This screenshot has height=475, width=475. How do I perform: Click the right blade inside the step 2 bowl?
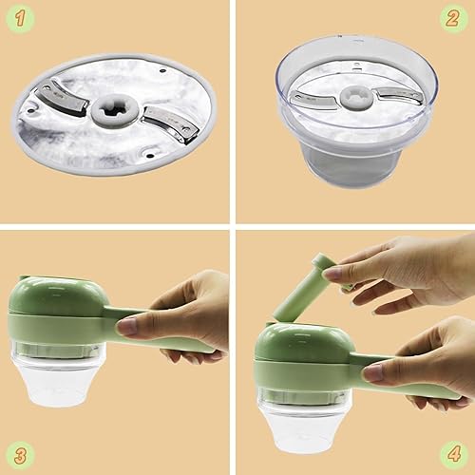click(x=392, y=94)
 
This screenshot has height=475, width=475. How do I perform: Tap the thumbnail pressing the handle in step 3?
click(x=127, y=327)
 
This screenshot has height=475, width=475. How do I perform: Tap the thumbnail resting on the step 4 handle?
click(x=372, y=371)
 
